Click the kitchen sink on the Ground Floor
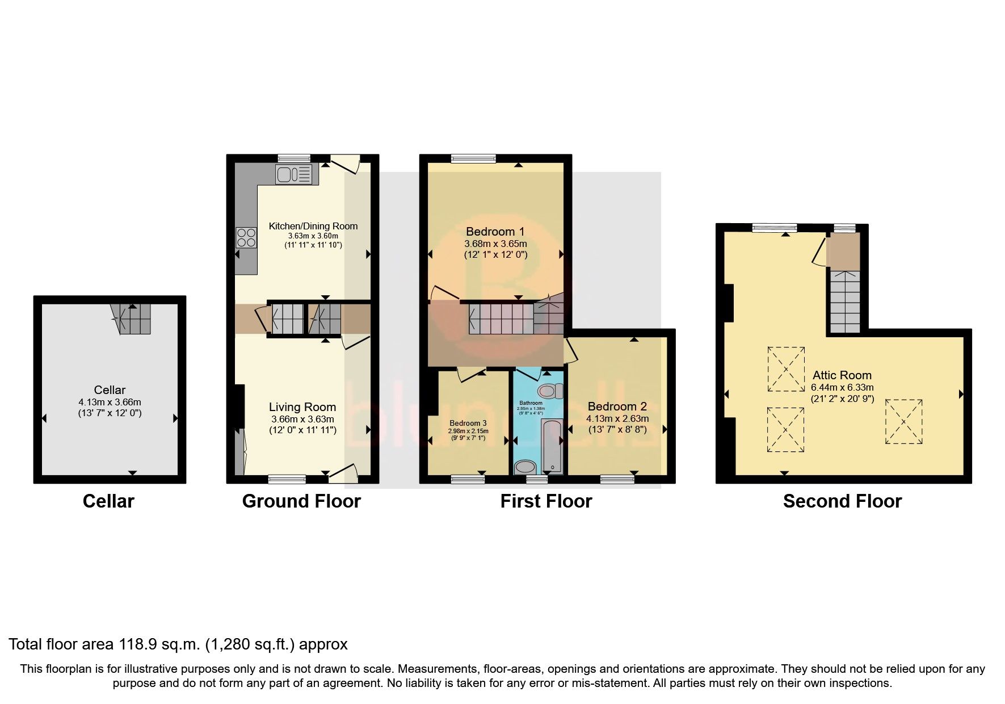click(x=293, y=174)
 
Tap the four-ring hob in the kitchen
click(x=246, y=236)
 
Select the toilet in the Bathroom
click(x=549, y=391)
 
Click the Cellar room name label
click(x=110, y=390)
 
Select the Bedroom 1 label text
click(x=495, y=232)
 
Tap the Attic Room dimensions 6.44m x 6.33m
click(x=842, y=387)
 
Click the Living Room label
click(x=302, y=407)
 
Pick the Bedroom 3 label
click(x=468, y=423)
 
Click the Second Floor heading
click(x=842, y=501)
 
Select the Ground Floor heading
click(x=301, y=501)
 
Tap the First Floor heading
click(x=546, y=501)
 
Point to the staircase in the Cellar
click(x=132, y=319)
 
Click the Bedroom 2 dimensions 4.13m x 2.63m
click(x=617, y=418)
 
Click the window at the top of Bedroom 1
click(x=473, y=158)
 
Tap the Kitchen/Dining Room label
click(x=313, y=226)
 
